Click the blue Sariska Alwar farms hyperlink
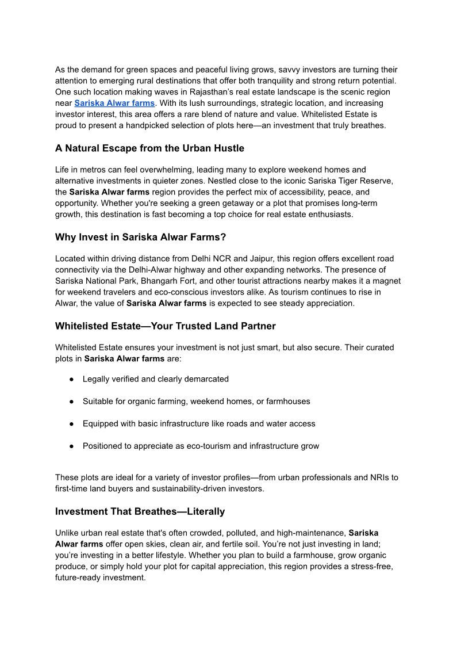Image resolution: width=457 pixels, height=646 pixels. coord(114,103)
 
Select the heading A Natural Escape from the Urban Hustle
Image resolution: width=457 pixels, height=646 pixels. coord(149,148)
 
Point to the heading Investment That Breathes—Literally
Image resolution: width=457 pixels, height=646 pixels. coord(140,511)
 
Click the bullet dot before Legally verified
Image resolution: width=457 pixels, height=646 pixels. coord(71,379)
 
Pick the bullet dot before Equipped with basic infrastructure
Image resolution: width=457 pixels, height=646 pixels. coord(71,424)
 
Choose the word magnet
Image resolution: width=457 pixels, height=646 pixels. coord(387,281)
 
